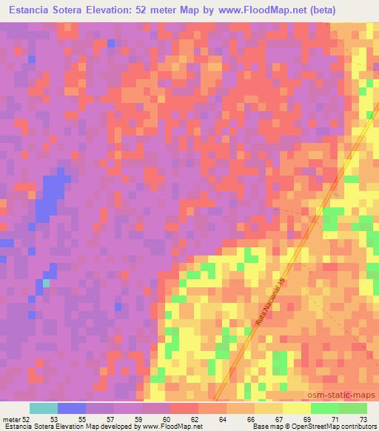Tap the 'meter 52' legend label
tap(15, 418)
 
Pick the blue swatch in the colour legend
tap(71, 408)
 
